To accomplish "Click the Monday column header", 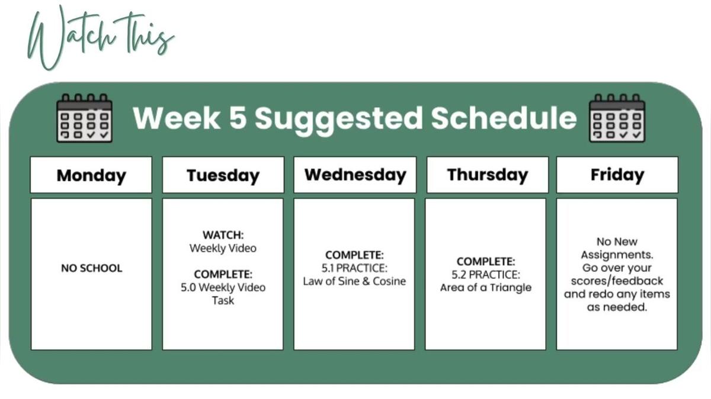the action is click(91, 175).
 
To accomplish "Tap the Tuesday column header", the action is click(223, 175).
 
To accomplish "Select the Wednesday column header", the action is click(355, 175).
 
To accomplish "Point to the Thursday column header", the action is click(488, 175).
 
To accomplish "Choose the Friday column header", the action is click(617, 175).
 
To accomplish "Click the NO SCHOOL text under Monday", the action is click(91, 268).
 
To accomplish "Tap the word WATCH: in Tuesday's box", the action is click(223, 235).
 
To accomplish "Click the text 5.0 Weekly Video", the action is click(223, 287).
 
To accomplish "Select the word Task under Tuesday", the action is click(223, 300).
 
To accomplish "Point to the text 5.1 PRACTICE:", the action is click(354, 268).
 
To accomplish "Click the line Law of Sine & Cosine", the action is click(354, 281).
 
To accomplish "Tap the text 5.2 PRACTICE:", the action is click(486, 275).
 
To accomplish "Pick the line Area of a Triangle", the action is click(486, 288).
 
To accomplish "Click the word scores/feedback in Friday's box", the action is click(617, 281).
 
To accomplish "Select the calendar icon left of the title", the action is click(84, 118).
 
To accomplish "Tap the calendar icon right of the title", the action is click(617, 118).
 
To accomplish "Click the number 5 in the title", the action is click(238, 118).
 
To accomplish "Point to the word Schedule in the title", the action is click(504, 118).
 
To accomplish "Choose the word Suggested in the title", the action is click(339, 120).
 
